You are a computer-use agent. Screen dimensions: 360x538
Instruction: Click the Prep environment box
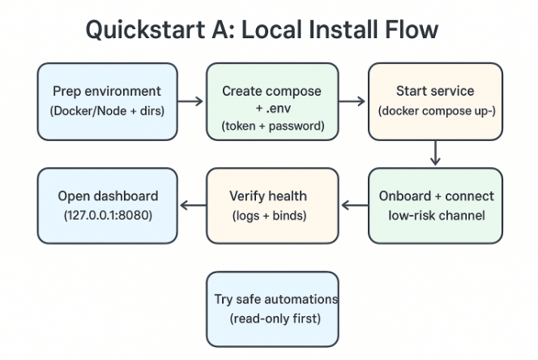coord(107,101)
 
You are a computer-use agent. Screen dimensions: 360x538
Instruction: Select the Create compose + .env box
coord(271,101)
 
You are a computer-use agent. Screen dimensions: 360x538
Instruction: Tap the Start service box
coord(435,101)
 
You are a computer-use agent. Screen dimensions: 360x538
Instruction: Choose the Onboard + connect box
coord(435,206)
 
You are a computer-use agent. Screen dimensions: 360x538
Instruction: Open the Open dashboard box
coord(107,206)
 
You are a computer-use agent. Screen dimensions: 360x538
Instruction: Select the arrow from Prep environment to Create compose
coord(190,101)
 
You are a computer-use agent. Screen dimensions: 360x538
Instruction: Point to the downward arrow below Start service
coord(436,153)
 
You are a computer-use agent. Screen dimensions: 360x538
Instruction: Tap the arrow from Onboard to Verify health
coord(354,206)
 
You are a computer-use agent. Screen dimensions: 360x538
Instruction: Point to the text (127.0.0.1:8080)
coord(107,216)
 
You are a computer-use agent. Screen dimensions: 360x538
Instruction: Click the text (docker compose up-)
coord(435,111)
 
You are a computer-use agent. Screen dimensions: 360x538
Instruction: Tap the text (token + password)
coord(271,126)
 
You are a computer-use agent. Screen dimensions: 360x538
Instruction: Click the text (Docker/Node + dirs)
coord(107,111)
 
